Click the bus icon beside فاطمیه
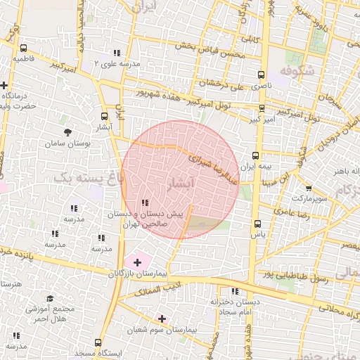click(24, 49)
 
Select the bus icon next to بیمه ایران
click(255, 157)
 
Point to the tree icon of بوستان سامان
click(67, 131)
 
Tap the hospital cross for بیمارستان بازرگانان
click(136, 262)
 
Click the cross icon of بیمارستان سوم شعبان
click(162, 319)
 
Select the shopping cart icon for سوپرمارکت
click(308, 189)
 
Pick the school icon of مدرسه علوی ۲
click(116, 53)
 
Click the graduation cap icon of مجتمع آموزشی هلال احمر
click(49, 299)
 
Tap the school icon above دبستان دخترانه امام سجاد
click(235, 290)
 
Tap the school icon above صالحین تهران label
click(145, 203)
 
